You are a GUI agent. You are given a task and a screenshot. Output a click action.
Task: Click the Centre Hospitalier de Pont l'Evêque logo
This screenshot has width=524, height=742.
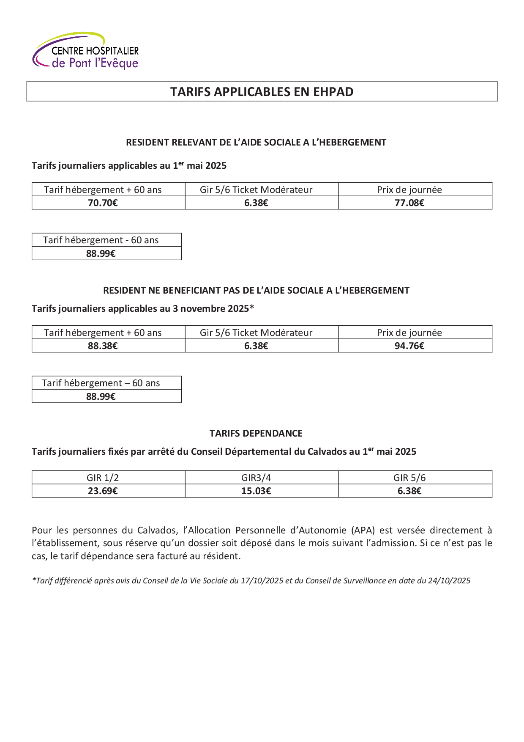pyautogui.click(x=86, y=51)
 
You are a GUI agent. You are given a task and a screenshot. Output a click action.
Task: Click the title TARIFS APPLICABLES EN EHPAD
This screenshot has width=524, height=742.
pyautogui.click(x=262, y=92)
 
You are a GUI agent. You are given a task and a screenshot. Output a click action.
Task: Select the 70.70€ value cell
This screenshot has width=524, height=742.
pyautogui.click(x=103, y=203)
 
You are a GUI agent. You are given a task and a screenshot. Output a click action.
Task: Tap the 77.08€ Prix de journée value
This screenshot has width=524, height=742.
pyautogui.click(x=409, y=203)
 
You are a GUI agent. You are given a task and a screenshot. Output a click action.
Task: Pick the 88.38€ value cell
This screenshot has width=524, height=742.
pyautogui.click(x=103, y=346)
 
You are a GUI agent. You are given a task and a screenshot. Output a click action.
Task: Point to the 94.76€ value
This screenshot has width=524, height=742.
pyautogui.click(x=409, y=346)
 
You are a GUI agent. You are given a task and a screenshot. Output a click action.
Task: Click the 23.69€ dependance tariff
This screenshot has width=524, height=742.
pyautogui.click(x=103, y=491)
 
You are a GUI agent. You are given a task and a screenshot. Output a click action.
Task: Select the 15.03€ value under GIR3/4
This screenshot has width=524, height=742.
pyautogui.click(x=256, y=491)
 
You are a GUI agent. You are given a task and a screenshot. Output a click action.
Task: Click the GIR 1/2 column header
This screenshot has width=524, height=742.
pyautogui.click(x=103, y=478)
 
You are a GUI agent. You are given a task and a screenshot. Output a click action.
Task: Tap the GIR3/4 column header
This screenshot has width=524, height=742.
pyautogui.click(x=256, y=478)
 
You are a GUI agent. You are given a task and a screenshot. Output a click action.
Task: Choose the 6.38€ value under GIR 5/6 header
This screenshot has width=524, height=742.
pyautogui.click(x=409, y=491)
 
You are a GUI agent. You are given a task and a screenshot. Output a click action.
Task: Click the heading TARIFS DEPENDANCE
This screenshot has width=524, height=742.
pyautogui.click(x=256, y=433)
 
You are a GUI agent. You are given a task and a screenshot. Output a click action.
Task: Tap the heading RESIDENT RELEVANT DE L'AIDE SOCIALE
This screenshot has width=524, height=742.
pyautogui.click(x=256, y=143)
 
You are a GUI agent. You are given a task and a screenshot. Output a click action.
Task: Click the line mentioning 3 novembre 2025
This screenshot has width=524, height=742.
pyautogui.click(x=143, y=308)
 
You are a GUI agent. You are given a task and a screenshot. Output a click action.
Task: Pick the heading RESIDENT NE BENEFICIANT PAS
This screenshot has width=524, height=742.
pyautogui.click(x=256, y=291)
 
